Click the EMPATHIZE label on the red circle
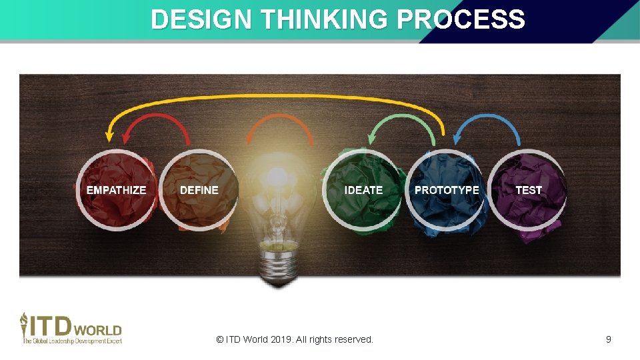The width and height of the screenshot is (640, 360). point(116,190)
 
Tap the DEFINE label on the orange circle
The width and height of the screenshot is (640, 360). point(199,190)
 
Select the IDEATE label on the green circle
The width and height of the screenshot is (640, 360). point(363,190)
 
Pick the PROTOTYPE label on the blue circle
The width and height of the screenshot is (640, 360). point(447,190)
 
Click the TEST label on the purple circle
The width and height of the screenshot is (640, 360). point(529,190)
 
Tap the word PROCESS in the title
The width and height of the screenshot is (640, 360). point(460,19)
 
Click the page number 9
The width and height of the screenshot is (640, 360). point(608,339)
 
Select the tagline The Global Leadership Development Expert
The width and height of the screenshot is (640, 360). point(73,341)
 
